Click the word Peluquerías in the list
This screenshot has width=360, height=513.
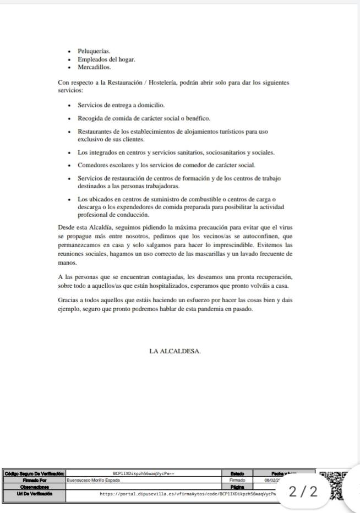click(x=94, y=51)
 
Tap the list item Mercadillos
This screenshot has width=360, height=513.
click(x=94, y=67)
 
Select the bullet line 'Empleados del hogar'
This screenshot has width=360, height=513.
click(x=106, y=59)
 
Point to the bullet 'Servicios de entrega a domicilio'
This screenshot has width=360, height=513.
click(x=121, y=105)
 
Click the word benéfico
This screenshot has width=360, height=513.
click(x=198, y=118)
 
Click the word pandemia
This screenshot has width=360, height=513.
click(x=216, y=309)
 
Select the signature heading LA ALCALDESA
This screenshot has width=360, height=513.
click(x=175, y=351)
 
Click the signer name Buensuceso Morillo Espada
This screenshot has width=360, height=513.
click(x=92, y=480)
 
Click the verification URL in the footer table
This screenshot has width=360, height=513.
click(x=187, y=494)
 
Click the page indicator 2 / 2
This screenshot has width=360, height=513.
click(x=303, y=491)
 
